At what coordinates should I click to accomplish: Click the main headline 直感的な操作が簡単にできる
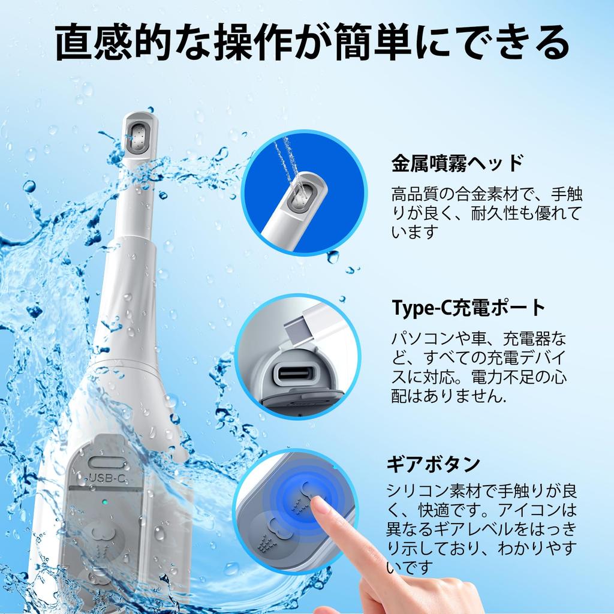click(312, 43)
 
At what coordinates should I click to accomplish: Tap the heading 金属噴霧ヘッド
click(458, 163)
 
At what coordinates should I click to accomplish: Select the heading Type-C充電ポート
click(468, 308)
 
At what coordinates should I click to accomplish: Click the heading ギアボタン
click(433, 463)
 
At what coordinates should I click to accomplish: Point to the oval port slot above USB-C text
click(109, 462)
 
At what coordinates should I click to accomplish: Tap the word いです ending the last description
click(410, 566)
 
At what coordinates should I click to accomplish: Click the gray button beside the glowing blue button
click(267, 531)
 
